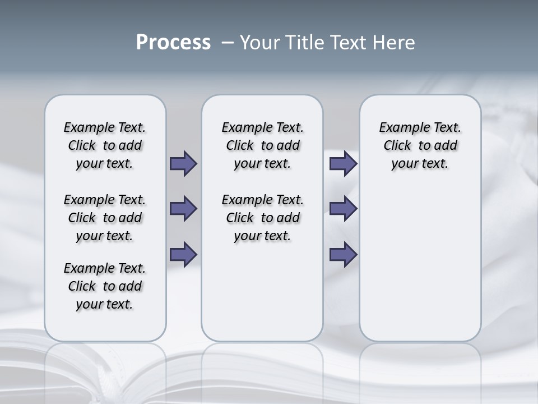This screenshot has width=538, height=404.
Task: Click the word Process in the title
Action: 173,43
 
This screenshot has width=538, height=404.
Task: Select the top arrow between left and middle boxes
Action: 183,163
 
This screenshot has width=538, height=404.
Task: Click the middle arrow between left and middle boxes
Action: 183,209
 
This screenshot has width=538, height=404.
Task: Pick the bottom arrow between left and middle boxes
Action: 183,254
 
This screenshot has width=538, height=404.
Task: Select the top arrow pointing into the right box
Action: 343,163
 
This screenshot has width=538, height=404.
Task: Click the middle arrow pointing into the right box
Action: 343,209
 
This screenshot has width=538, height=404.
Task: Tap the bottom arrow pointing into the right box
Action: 343,254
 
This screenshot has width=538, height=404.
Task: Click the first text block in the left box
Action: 105,145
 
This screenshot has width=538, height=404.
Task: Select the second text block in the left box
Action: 105,218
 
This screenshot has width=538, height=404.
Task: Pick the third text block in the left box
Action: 105,286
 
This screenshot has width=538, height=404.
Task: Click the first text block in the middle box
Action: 262,145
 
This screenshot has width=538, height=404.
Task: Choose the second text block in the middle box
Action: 262,218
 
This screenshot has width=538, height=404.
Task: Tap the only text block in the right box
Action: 420,145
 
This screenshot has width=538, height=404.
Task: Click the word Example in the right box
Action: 401,127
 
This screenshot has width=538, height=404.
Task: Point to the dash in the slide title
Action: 228,43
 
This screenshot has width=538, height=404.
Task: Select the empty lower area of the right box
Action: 420,264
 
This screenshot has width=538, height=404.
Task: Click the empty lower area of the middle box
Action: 262,292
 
